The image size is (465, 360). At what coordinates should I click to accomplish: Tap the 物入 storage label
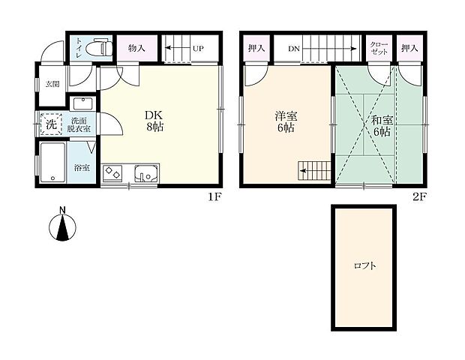(x=136, y=48)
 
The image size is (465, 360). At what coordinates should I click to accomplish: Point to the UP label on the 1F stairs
(x=198, y=48)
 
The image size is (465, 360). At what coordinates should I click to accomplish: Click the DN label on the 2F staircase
(x=294, y=49)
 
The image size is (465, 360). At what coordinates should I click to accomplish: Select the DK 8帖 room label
(x=154, y=121)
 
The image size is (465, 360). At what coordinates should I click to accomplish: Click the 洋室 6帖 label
(x=286, y=121)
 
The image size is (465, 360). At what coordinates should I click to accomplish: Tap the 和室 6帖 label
(x=382, y=126)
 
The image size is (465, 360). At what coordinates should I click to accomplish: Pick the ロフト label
(x=365, y=265)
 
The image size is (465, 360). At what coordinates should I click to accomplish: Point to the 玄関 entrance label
(x=52, y=84)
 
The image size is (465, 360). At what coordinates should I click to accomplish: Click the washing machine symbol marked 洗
(x=51, y=124)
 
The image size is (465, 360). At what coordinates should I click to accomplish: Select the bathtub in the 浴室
(x=52, y=163)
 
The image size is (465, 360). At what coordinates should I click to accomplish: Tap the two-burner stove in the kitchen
(x=112, y=172)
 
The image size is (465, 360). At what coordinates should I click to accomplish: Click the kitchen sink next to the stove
(x=146, y=173)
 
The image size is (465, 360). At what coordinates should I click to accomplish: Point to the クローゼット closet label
(x=379, y=48)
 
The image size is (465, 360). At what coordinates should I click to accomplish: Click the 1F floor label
(x=214, y=196)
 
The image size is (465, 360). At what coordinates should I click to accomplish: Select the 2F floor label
(x=419, y=196)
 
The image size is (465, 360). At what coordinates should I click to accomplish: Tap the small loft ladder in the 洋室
(x=314, y=171)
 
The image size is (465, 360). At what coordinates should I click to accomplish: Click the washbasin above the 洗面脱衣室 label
(x=83, y=103)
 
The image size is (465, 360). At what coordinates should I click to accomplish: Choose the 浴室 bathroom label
(x=82, y=168)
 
